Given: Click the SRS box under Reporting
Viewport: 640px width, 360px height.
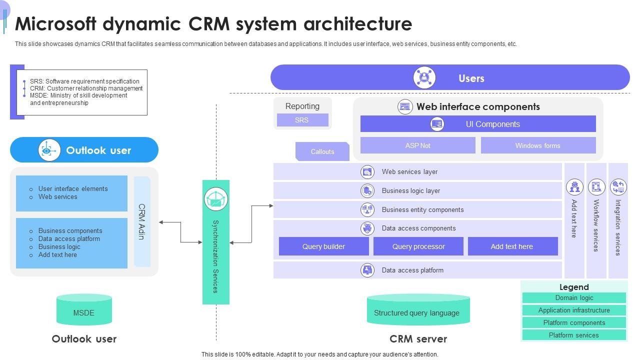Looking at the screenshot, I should [302, 120].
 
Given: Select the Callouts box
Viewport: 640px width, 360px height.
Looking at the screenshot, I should [322, 151].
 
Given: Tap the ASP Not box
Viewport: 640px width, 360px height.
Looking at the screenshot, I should [417, 145].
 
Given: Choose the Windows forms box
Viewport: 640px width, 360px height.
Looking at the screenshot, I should [538, 145].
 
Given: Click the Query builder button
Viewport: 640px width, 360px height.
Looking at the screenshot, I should [323, 246].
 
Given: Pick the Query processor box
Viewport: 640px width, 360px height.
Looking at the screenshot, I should [418, 246].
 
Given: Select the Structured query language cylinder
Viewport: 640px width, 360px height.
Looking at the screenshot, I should [418, 310].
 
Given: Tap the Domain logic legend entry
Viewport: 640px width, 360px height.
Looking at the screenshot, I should [574, 298].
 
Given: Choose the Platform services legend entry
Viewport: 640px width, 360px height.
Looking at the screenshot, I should [574, 335].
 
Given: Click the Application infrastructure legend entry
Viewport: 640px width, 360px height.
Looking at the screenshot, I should [574, 310].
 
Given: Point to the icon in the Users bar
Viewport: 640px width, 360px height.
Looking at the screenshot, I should [424, 78].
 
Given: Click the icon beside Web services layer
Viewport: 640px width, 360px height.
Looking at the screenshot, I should [367, 172].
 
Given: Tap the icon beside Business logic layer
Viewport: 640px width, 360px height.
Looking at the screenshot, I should [367, 190].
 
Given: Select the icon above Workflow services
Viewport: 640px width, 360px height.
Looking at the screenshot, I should [596, 187].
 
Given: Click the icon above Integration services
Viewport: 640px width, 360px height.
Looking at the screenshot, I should [618, 187].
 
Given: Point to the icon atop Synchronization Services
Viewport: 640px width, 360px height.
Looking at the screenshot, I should [216, 199].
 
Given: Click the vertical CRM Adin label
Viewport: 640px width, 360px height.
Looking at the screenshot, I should [142, 221].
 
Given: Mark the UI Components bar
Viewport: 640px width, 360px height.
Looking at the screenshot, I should [478, 124].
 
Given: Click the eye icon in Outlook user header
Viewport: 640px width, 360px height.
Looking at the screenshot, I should [47, 150].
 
